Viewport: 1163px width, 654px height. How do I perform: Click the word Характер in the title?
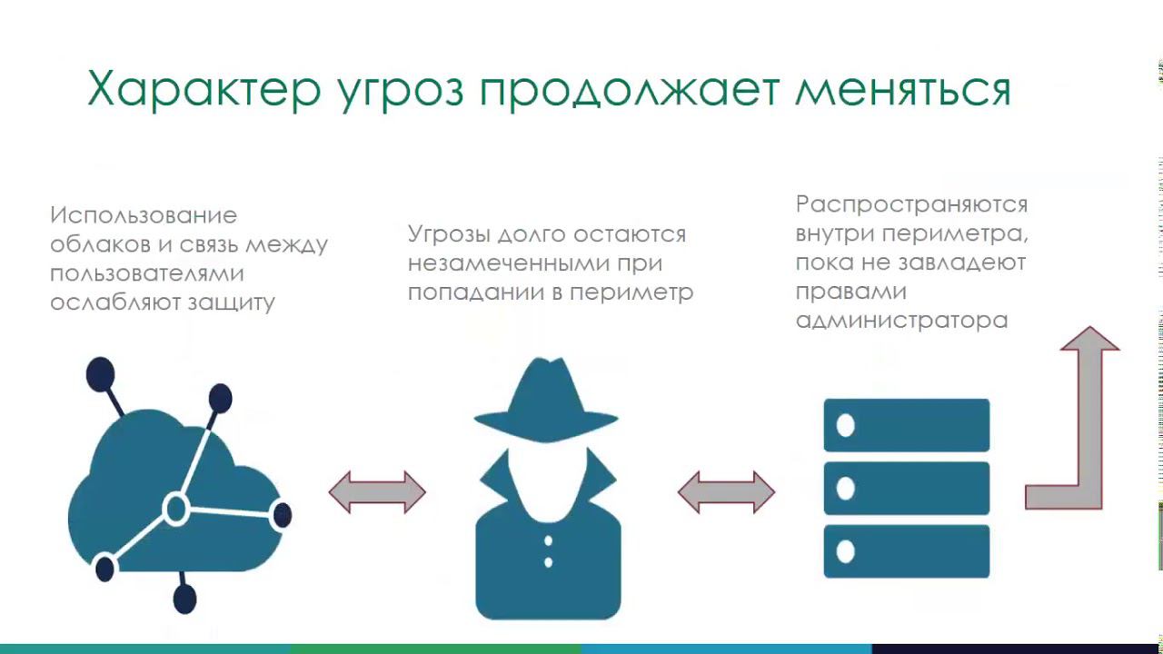204,89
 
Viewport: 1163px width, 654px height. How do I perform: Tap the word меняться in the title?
903,89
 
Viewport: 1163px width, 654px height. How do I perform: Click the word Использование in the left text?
144,216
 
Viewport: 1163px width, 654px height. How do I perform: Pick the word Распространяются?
911,203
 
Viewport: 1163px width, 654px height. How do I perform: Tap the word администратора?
901,320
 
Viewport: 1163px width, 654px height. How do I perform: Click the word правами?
850,291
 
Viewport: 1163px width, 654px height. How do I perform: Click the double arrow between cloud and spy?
377,492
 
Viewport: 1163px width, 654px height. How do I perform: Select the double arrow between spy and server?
726,492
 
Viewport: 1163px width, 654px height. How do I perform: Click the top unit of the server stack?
906,425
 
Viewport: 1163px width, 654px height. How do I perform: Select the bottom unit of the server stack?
906,550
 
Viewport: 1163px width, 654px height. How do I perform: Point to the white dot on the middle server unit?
846,489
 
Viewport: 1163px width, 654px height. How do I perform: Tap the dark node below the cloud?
184,599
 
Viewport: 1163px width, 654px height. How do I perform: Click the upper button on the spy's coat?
548,542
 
